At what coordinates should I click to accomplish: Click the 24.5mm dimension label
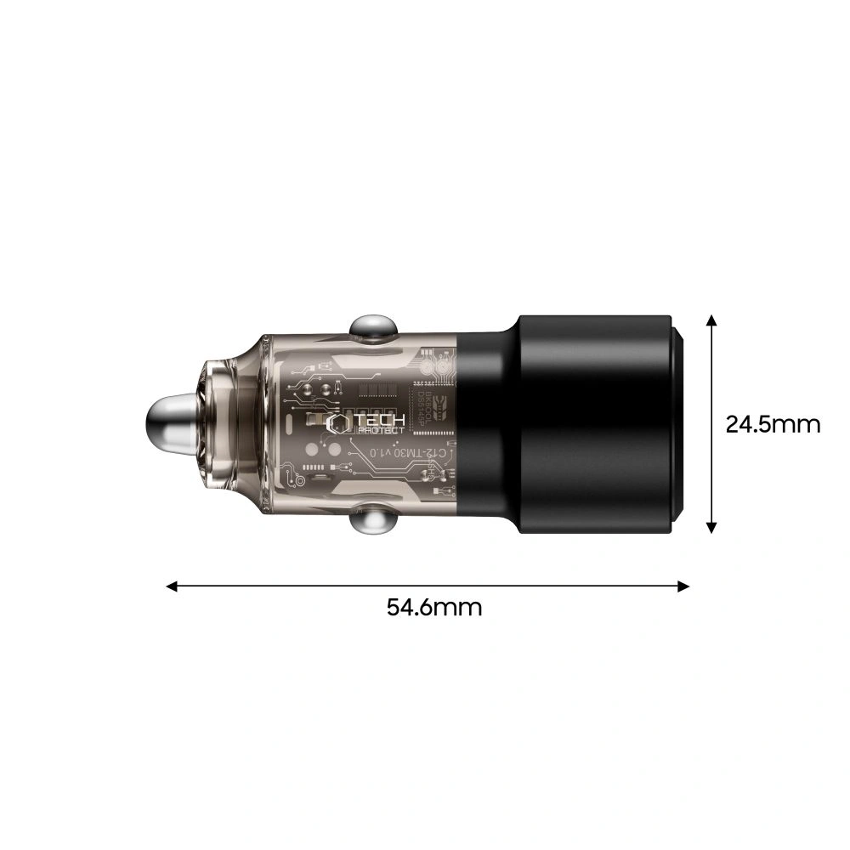pyautogui.click(x=773, y=423)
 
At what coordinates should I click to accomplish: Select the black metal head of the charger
pyautogui.click(x=578, y=422)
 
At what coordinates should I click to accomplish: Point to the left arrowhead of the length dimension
pyautogui.click(x=172, y=586)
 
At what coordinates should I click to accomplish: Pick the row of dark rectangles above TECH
pyautogui.click(x=382, y=390)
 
